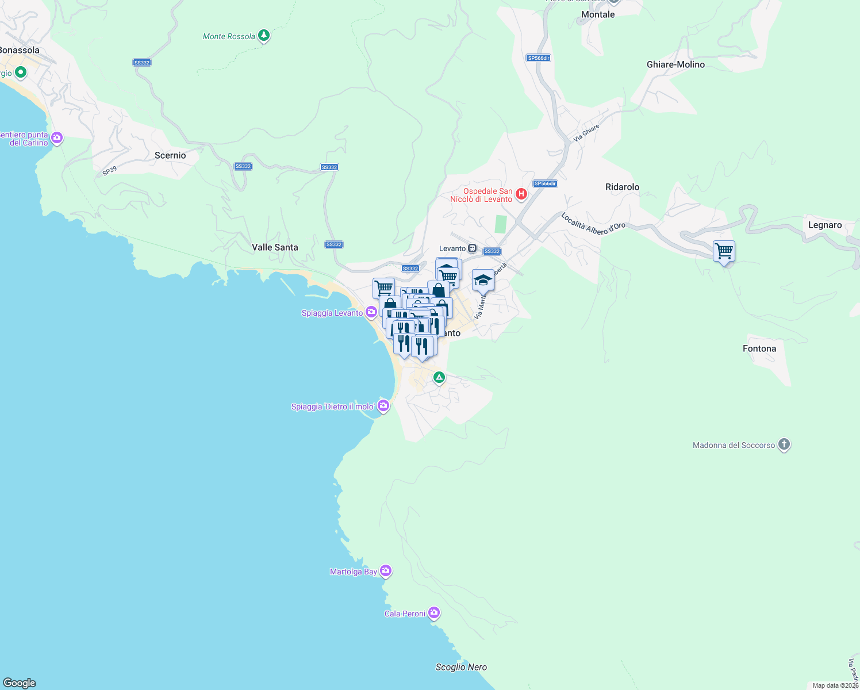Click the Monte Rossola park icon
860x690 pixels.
point(264,36)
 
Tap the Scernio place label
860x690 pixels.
point(170,155)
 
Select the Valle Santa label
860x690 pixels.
point(275,247)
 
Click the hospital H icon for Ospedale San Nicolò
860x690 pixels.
point(521,194)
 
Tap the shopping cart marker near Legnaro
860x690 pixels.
point(724,251)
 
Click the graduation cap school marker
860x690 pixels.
point(483,281)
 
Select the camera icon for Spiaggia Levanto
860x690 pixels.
point(372,313)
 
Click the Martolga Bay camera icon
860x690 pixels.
point(386,571)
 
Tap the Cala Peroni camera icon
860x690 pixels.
point(434,613)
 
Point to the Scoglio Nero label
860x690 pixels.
point(461,667)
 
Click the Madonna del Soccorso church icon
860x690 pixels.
point(784,444)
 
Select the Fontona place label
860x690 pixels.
point(759,348)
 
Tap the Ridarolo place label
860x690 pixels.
point(622,187)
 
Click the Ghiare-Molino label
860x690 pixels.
point(675,64)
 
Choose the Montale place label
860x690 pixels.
point(598,14)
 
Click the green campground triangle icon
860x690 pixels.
point(439,378)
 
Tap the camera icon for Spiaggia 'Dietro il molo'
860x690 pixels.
point(383,406)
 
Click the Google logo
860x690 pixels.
point(20,683)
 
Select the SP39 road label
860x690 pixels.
point(110,171)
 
